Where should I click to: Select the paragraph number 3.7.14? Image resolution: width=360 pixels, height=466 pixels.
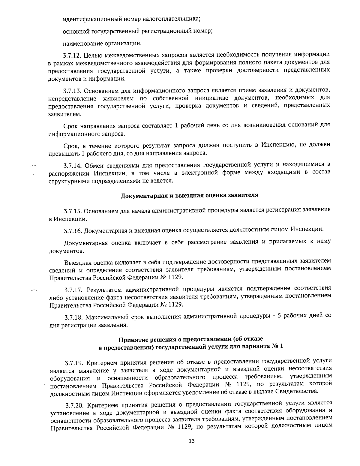click(73, 165)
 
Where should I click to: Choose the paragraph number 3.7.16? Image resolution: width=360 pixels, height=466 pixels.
click(73, 231)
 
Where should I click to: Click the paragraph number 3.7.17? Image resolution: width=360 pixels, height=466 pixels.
click(74, 290)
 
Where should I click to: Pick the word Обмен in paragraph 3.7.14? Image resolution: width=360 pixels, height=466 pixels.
click(94, 165)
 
